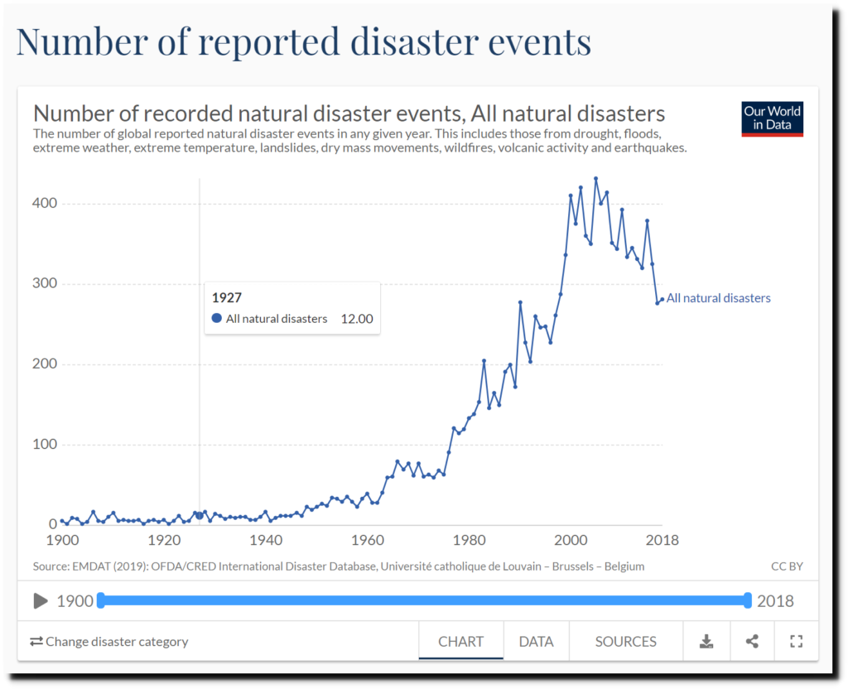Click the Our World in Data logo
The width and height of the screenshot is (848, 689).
pyautogui.click(x=772, y=119)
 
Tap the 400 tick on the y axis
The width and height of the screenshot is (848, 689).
pyautogui.click(x=45, y=204)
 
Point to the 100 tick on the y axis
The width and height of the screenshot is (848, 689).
pyautogui.click(x=45, y=445)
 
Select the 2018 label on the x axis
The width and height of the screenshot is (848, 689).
pyautogui.click(x=662, y=541)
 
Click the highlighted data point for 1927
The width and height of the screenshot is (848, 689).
pyautogui.click(x=199, y=515)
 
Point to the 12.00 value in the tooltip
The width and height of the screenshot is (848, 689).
pyautogui.click(x=357, y=319)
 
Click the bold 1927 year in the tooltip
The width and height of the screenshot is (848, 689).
pyautogui.click(x=227, y=297)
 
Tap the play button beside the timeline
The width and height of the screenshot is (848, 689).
pyautogui.click(x=41, y=601)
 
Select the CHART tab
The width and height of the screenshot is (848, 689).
pyautogui.click(x=460, y=641)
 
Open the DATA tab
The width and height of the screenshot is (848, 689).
pyautogui.click(x=536, y=641)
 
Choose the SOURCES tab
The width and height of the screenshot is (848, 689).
pyautogui.click(x=625, y=641)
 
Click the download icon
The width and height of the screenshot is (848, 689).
pyautogui.click(x=706, y=641)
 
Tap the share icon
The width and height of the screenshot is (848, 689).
pyautogui.click(x=752, y=641)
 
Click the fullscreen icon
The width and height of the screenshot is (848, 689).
pyautogui.click(x=797, y=641)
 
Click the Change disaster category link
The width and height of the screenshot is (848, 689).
pyautogui.click(x=109, y=641)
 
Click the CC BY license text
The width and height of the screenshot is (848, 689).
pyautogui.click(x=786, y=566)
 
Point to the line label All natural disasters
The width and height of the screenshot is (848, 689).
pyautogui.click(x=718, y=298)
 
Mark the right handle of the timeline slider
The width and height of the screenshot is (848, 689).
pyautogui.click(x=747, y=600)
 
